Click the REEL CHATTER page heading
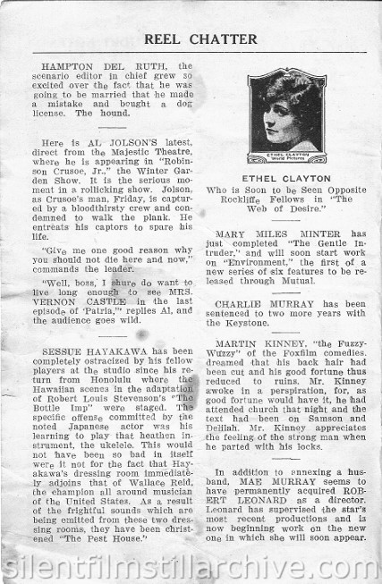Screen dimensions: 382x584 pos(191,38)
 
